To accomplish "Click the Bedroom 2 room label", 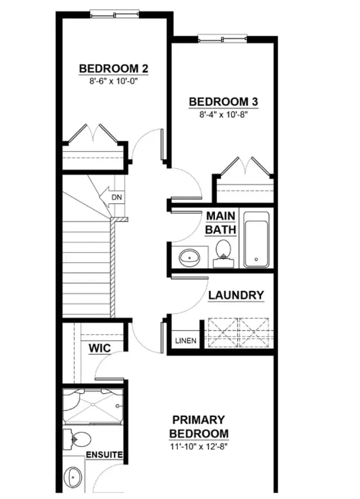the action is coord(114,69).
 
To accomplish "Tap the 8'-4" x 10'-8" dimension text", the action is coord(223,115).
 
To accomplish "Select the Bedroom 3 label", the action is coord(223,102).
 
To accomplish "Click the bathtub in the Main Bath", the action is coord(256,239).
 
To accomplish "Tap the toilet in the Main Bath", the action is coord(223,253).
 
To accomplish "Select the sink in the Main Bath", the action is coord(189,257).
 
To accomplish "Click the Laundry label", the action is coord(236,295).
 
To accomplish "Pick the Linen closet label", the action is coord(186,340).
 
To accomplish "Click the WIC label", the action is coord(100,348).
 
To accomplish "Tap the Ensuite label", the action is coord(104,455).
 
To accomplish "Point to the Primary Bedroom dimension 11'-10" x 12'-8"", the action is coord(199,447).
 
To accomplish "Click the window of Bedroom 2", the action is coord(115,14).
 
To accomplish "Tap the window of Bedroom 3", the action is coord(223,39).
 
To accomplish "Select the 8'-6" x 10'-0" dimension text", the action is coord(115,82).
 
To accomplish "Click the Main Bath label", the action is coord(220,222).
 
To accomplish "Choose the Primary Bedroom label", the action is coord(199,426).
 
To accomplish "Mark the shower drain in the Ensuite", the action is coord(93,404).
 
